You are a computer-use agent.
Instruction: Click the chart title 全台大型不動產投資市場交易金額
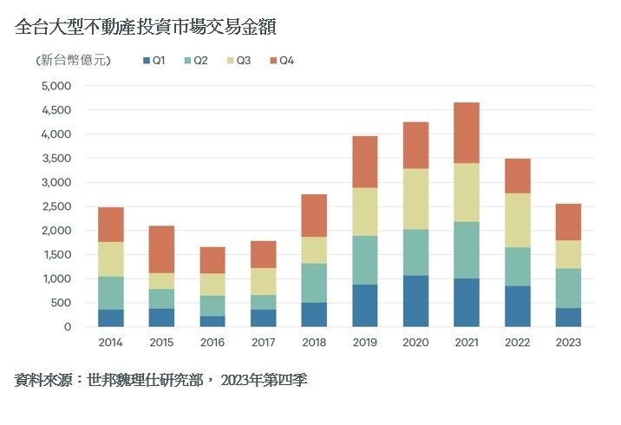point(146,28)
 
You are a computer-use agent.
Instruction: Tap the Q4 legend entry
point(283,61)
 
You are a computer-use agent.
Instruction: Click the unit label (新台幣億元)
point(73,61)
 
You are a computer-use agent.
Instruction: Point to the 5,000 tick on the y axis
point(56,86)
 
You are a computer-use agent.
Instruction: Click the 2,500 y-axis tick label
point(56,206)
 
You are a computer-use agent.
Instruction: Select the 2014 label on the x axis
point(110,342)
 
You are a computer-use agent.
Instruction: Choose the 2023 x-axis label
point(567,342)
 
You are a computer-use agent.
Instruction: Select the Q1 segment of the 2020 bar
point(415,301)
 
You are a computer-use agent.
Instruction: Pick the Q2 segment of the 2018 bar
point(313,283)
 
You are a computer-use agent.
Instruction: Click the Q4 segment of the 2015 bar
point(161,249)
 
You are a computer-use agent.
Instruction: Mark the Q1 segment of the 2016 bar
point(212,321)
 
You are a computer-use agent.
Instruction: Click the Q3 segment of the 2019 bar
point(364,212)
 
